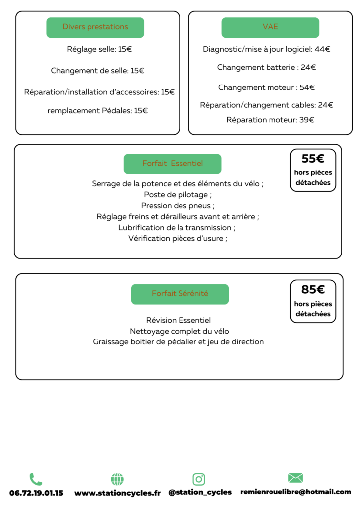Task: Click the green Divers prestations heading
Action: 95,27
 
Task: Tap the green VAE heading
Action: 270,27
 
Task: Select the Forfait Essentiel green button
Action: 172,164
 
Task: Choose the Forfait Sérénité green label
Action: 180,294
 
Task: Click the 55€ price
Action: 313,159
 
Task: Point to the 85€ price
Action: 313,290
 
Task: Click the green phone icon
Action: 36,479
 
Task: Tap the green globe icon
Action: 117,479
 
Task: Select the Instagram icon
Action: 199,479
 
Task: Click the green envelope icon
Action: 295,478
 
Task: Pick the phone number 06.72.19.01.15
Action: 36,493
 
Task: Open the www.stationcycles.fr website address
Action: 117,493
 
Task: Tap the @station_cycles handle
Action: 200,492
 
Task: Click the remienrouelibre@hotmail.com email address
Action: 295,492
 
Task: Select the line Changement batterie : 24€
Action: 267,67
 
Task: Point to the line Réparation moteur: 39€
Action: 270,120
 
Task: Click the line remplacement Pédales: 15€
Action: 97,111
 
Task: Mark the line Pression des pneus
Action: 178,206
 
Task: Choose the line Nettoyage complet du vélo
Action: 179,331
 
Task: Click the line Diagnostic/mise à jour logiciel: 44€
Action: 267,49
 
